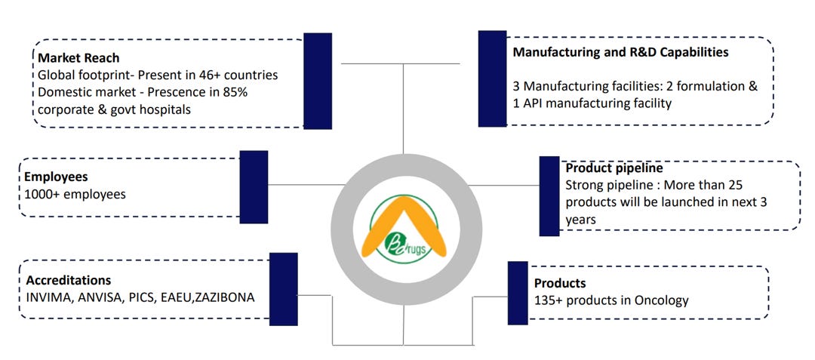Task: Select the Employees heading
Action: click(57, 177)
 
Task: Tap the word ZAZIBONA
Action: click(224, 297)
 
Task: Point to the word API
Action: click(533, 103)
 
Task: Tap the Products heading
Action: click(560, 284)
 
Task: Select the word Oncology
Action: click(661, 300)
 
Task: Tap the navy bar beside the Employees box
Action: click(254, 186)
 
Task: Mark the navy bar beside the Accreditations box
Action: click(283, 289)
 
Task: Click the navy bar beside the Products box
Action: click(518, 293)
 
